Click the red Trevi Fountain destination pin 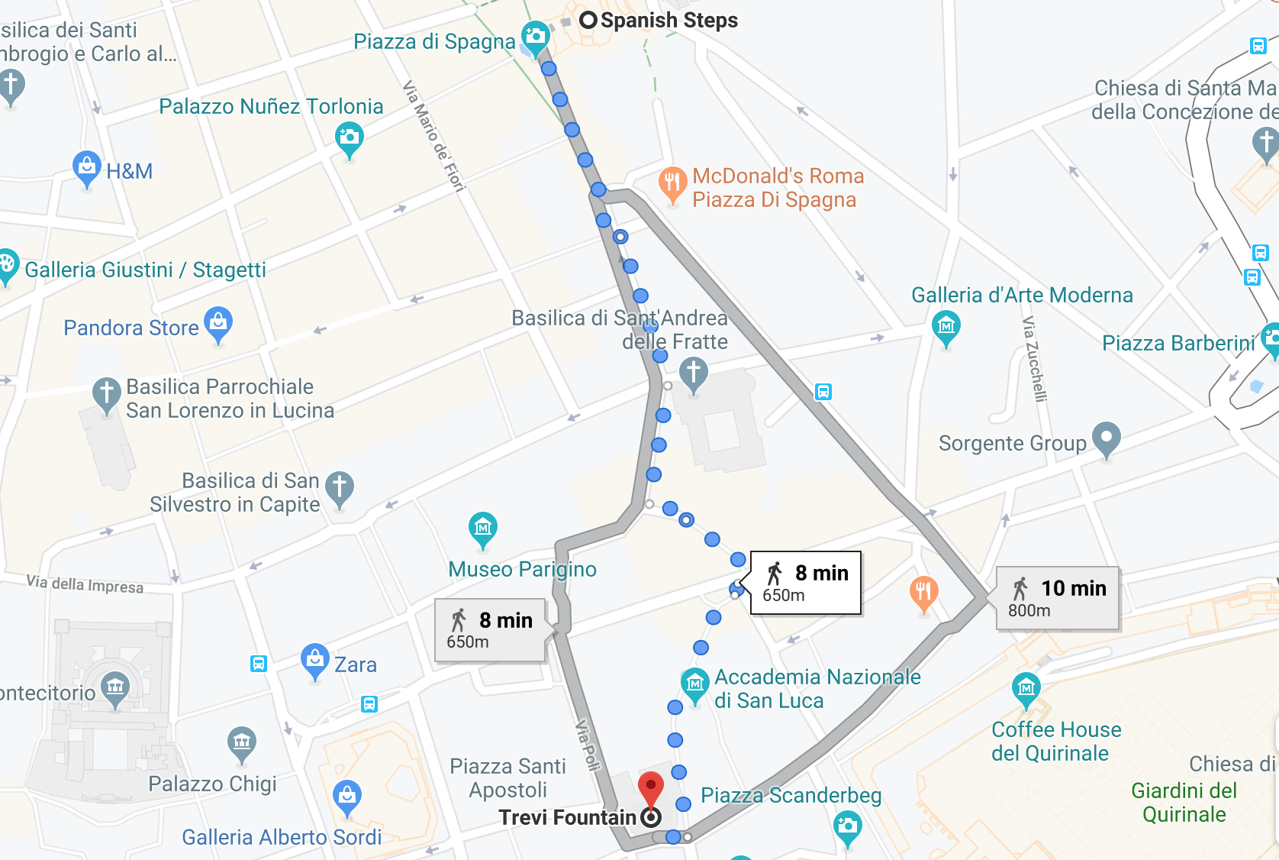tap(650, 786)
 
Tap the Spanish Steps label tap(668, 21)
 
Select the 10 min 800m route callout tap(1058, 598)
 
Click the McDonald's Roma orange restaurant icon tap(672, 183)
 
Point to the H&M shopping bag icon tap(87, 167)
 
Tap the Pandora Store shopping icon tap(218, 322)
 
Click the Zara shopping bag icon tap(314, 660)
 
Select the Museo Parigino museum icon tap(482, 527)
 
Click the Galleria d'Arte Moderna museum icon tap(946, 327)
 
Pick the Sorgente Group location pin tap(1106, 438)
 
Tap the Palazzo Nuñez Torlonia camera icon tap(349, 138)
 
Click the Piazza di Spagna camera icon tap(535, 37)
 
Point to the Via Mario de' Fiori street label tap(433, 135)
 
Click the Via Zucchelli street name tap(1034, 359)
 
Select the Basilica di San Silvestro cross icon tap(339, 487)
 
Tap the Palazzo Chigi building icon tap(242, 742)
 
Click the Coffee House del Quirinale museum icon tap(1026, 689)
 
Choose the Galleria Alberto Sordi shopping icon tap(347, 796)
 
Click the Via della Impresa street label tap(85, 584)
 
